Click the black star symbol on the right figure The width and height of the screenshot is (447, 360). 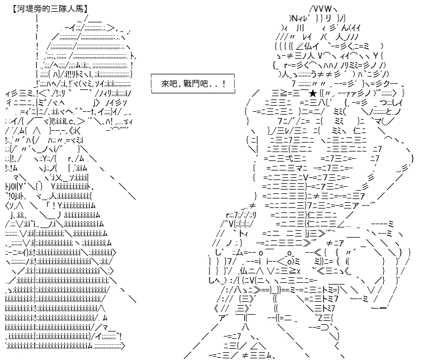click(x=313, y=93)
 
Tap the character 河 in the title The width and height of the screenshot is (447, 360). click(x=21, y=9)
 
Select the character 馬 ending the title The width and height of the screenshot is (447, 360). click(x=79, y=9)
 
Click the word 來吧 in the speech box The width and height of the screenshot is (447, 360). click(x=169, y=84)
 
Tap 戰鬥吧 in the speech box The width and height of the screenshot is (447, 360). click(x=195, y=84)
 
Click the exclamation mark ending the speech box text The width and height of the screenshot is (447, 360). click(x=225, y=84)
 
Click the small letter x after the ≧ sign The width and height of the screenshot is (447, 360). click(x=298, y=271)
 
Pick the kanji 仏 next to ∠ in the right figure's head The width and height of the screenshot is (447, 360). click(x=308, y=46)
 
